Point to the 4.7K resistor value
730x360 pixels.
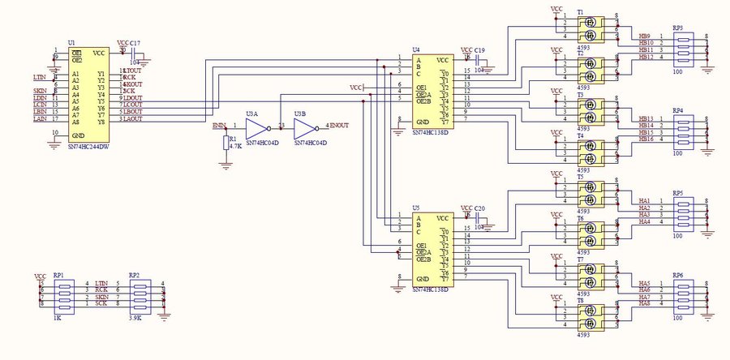coord(236,147)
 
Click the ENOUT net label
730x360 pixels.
coord(341,126)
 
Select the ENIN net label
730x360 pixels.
coord(218,125)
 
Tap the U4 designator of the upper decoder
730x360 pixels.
coord(415,49)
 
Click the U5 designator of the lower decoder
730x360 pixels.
coord(415,208)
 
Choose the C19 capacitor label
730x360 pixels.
coord(480,49)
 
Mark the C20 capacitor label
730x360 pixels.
coord(479,208)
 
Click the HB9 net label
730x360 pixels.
coord(645,36)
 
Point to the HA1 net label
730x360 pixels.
coord(645,200)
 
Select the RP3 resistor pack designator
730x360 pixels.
coord(677,28)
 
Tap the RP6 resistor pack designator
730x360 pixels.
coord(677,274)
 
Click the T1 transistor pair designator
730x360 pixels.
coord(581,12)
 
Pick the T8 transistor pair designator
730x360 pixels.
coord(581,300)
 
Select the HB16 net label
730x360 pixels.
coord(646,139)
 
